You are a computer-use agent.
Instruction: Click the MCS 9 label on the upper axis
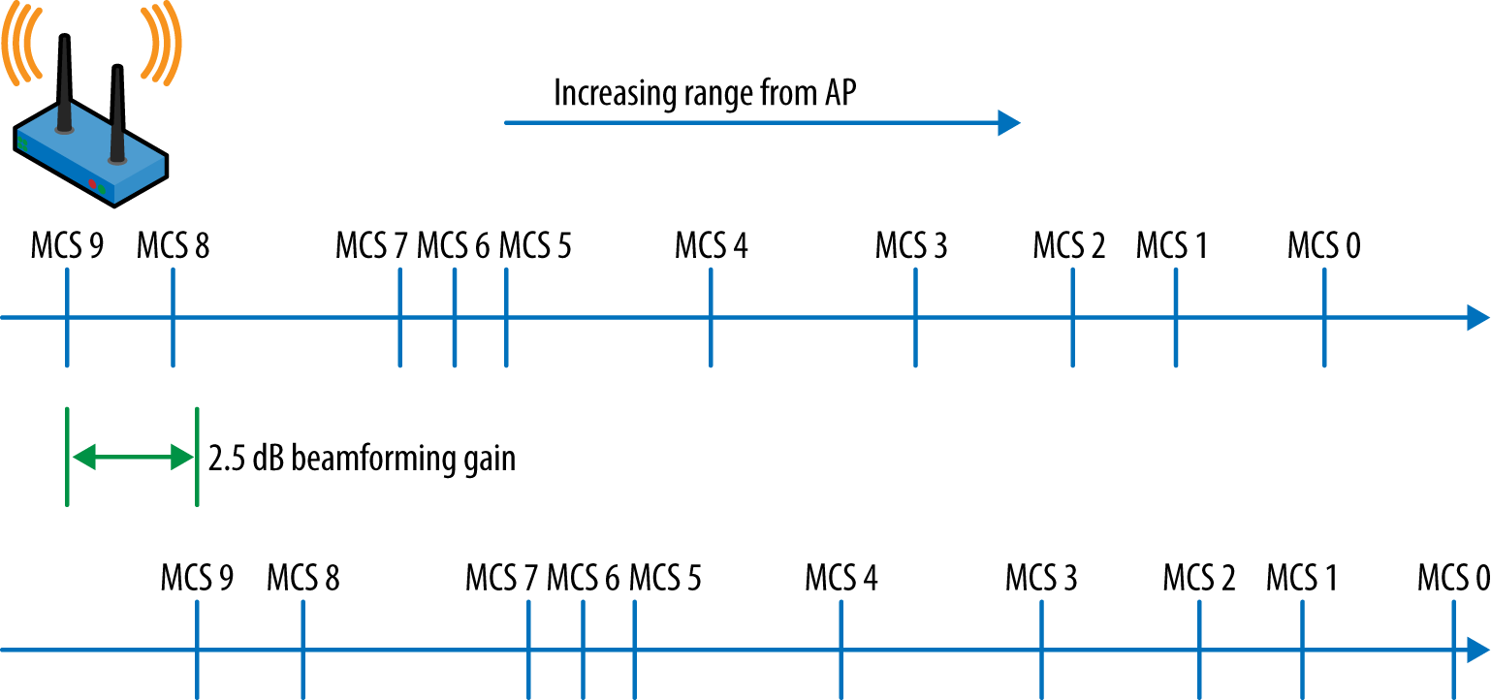pyautogui.click(x=66, y=246)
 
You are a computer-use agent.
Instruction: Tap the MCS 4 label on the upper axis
pyautogui.click(x=711, y=246)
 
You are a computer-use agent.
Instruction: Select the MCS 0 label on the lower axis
pyautogui.click(x=1453, y=579)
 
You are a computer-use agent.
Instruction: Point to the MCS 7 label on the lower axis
pyautogui.click(x=501, y=579)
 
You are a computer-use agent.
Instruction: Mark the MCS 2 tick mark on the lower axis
pyautogui.click(x=1199, y=650)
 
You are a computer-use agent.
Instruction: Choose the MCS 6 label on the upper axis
pyautogui.click(x=453, y=246)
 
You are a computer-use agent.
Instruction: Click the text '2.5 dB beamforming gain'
pyautogui.click(x=362, y=458)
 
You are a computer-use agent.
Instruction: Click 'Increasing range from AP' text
pyautogui.click(x=705, y=94)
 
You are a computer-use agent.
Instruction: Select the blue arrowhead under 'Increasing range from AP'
pyautogui.click(x=1009, y=123)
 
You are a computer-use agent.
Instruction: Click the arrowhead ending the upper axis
pyautogui.click(x=1477, y=317)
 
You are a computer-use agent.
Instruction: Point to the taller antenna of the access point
pyautogui.click(x=65, y=82)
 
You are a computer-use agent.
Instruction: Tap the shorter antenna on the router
pyautogui.click(x=117, y=111)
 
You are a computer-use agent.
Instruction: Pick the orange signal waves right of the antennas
pyautogui.click(x=162, y=44)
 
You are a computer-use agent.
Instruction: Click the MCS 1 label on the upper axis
pyautogui.click(x=1172, y=246)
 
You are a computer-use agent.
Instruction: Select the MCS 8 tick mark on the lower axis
pyautogui.click(x=303, y=650)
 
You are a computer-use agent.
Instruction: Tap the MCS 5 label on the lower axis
pyautogui.click(x=665, y=579)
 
